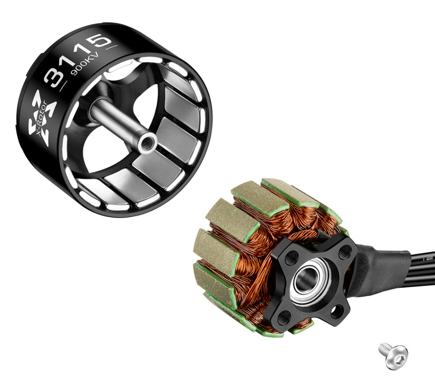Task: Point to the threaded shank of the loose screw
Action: [384, 349]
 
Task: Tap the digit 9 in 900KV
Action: [74, 73]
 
